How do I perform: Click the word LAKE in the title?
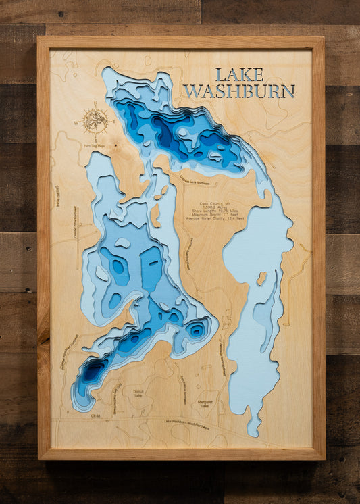(239, 74)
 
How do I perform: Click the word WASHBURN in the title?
(239, 91)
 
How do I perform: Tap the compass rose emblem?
(95, 121)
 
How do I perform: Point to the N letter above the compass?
(95, 103)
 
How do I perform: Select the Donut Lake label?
(138, 394)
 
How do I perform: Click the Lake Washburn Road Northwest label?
(186, 423)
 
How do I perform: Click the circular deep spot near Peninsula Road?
(197, 330)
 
